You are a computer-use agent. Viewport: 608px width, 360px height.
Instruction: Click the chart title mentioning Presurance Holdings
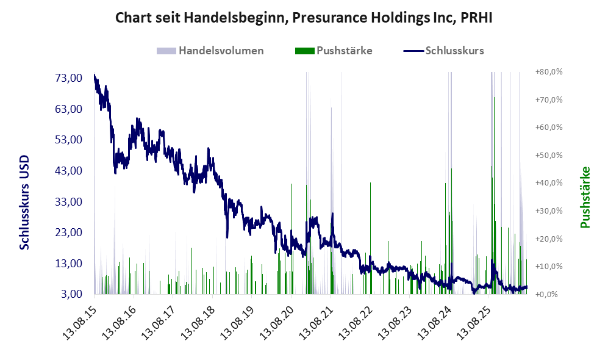pyautogui.click(x=304, y=18)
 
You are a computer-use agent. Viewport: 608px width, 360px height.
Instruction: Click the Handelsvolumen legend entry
pyautogui.click(x=210, y=51)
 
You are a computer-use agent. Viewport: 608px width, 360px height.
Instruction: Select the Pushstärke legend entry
pyautogui.click(x=334, y=51)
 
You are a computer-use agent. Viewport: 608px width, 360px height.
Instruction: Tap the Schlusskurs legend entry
pyautogui.click(x=443, y=51)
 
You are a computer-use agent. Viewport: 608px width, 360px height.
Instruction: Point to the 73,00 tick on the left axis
pyautogui.click(x=69, y=78)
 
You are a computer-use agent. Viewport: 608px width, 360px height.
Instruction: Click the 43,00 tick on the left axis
pyautogui.click(x=69, y=171)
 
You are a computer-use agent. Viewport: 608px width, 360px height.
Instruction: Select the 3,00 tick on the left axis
pyautogui.click(x=72, y=294)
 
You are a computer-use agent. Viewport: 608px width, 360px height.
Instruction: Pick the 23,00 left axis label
pyautogui.click(x=69, y=232)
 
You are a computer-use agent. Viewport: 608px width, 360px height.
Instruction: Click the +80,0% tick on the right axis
pyautogui.click(x=549, y=72)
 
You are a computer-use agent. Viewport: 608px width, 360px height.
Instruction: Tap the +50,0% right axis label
pyautogui.click(x=549, y=155)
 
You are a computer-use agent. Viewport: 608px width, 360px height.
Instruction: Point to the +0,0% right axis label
pyautogui.click(x=546, y=295)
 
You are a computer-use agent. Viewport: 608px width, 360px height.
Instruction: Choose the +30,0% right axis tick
pyautogui.click(x=549, y=211)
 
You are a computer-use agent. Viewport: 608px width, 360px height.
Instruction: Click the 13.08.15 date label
pyautogui.click(x=79, y=323)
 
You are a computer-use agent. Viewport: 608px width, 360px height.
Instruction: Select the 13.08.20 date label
pyautogui.click(x=276, y=323)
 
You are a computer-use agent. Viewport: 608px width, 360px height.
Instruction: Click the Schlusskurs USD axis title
pyautogui.click(x=24, y=203)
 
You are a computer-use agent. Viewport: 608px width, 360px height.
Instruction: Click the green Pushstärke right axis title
pyautogui.click(x=585, y=197)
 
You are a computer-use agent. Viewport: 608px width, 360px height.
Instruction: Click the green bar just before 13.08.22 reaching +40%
pyautogui.click(x=370, y=238)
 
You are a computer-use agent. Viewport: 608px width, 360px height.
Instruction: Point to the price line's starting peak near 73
pyautogui.click(x=95, y=75)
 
